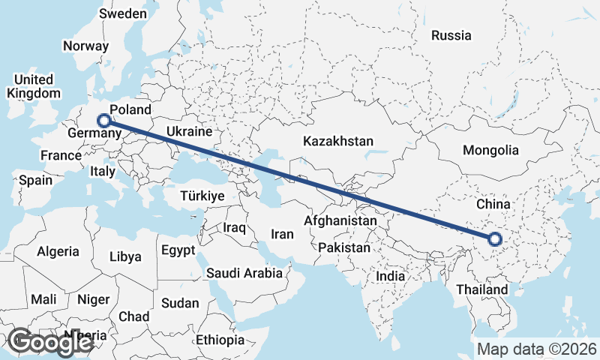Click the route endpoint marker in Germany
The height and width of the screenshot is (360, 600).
(104, 119)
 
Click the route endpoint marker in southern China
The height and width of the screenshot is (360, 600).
(494, 239)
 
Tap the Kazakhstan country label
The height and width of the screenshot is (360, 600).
(337, 141)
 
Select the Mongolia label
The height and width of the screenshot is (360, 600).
(490, 150)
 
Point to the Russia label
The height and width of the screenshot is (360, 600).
(451, 35)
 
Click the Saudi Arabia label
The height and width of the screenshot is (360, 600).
(244, 273)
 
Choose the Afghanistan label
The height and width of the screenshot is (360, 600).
(340, 221)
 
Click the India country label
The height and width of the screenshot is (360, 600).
(390, 276)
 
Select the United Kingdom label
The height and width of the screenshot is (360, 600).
(34, 86)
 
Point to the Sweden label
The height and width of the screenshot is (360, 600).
(122, 13)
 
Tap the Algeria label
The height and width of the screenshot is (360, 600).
(58, 251)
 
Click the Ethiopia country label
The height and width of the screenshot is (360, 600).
(220, 340)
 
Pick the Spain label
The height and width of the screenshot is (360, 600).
(36, 180)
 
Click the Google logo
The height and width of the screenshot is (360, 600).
(50, 342)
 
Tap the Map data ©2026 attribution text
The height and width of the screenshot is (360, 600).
(536, 349)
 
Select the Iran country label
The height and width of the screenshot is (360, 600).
(282, 234)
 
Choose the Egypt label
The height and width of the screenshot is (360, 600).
(178, 250)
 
